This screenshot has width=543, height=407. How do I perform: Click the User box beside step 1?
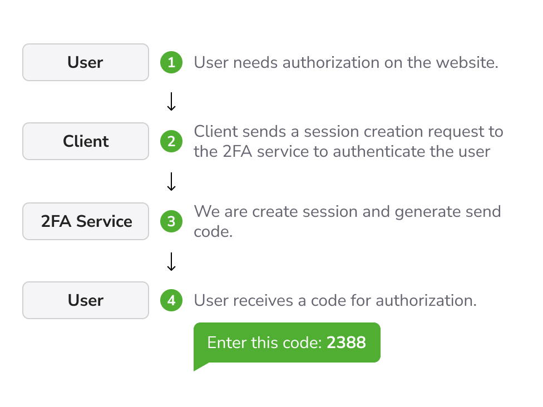[x=86, y=62]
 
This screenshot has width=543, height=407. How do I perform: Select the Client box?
[x=86, y=141]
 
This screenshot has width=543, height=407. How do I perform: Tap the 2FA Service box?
[x=86, y=221]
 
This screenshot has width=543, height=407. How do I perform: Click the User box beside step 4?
[x=86, y=300]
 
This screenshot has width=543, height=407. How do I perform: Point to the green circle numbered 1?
[x=171, y=62]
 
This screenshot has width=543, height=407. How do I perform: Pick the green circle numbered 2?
[x=171, y=141]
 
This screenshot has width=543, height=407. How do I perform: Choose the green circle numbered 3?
[x=171, y=221]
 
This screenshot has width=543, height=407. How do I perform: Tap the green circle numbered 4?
[x=171, y=300]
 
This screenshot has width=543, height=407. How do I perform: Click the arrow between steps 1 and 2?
[x=171, y=101]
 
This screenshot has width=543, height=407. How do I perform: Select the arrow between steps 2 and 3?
[x=171, y=182]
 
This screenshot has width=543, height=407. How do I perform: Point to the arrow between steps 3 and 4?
[x=171, y=262]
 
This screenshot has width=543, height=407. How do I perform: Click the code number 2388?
[x=346, y=343]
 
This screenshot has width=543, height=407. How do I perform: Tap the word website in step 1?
[x=466, y=63]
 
